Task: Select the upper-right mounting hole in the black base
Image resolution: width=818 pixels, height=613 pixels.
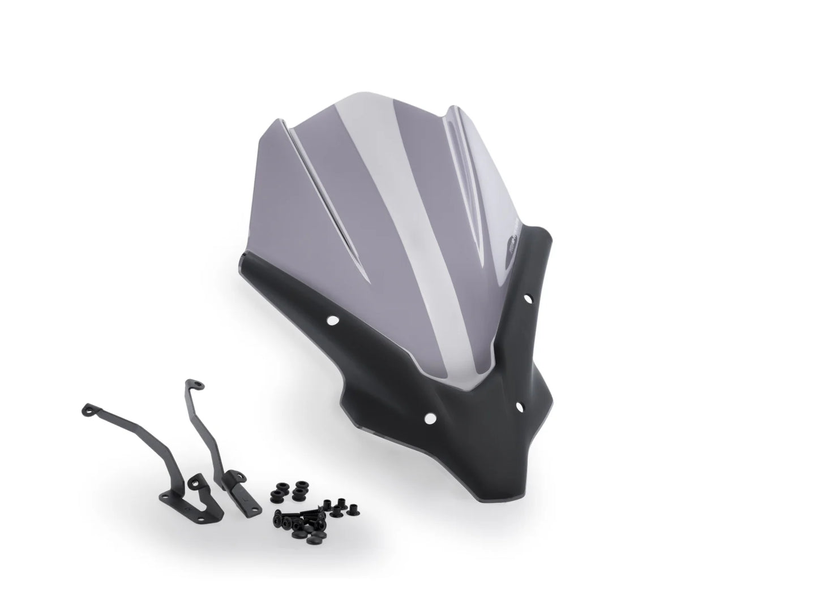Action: click(x=528, y=297)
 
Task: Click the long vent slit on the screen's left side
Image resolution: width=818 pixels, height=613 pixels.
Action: click(x=317, y=187)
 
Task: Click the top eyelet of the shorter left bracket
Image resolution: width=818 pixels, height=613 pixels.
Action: click(x=89, y=408)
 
